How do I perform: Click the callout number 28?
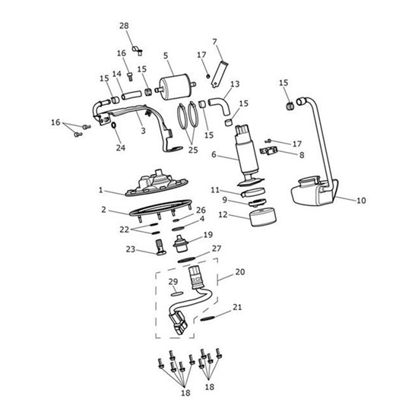(125, 27)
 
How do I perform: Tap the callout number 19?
(207, 235)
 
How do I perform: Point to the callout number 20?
(239, 271)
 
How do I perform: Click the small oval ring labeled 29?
(175, 290)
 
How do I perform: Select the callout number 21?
(238, 308)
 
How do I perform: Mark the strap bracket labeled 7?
(219, 67)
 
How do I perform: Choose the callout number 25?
(192, 150)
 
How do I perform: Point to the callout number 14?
(117, 74)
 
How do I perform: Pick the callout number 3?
(142, 131)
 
